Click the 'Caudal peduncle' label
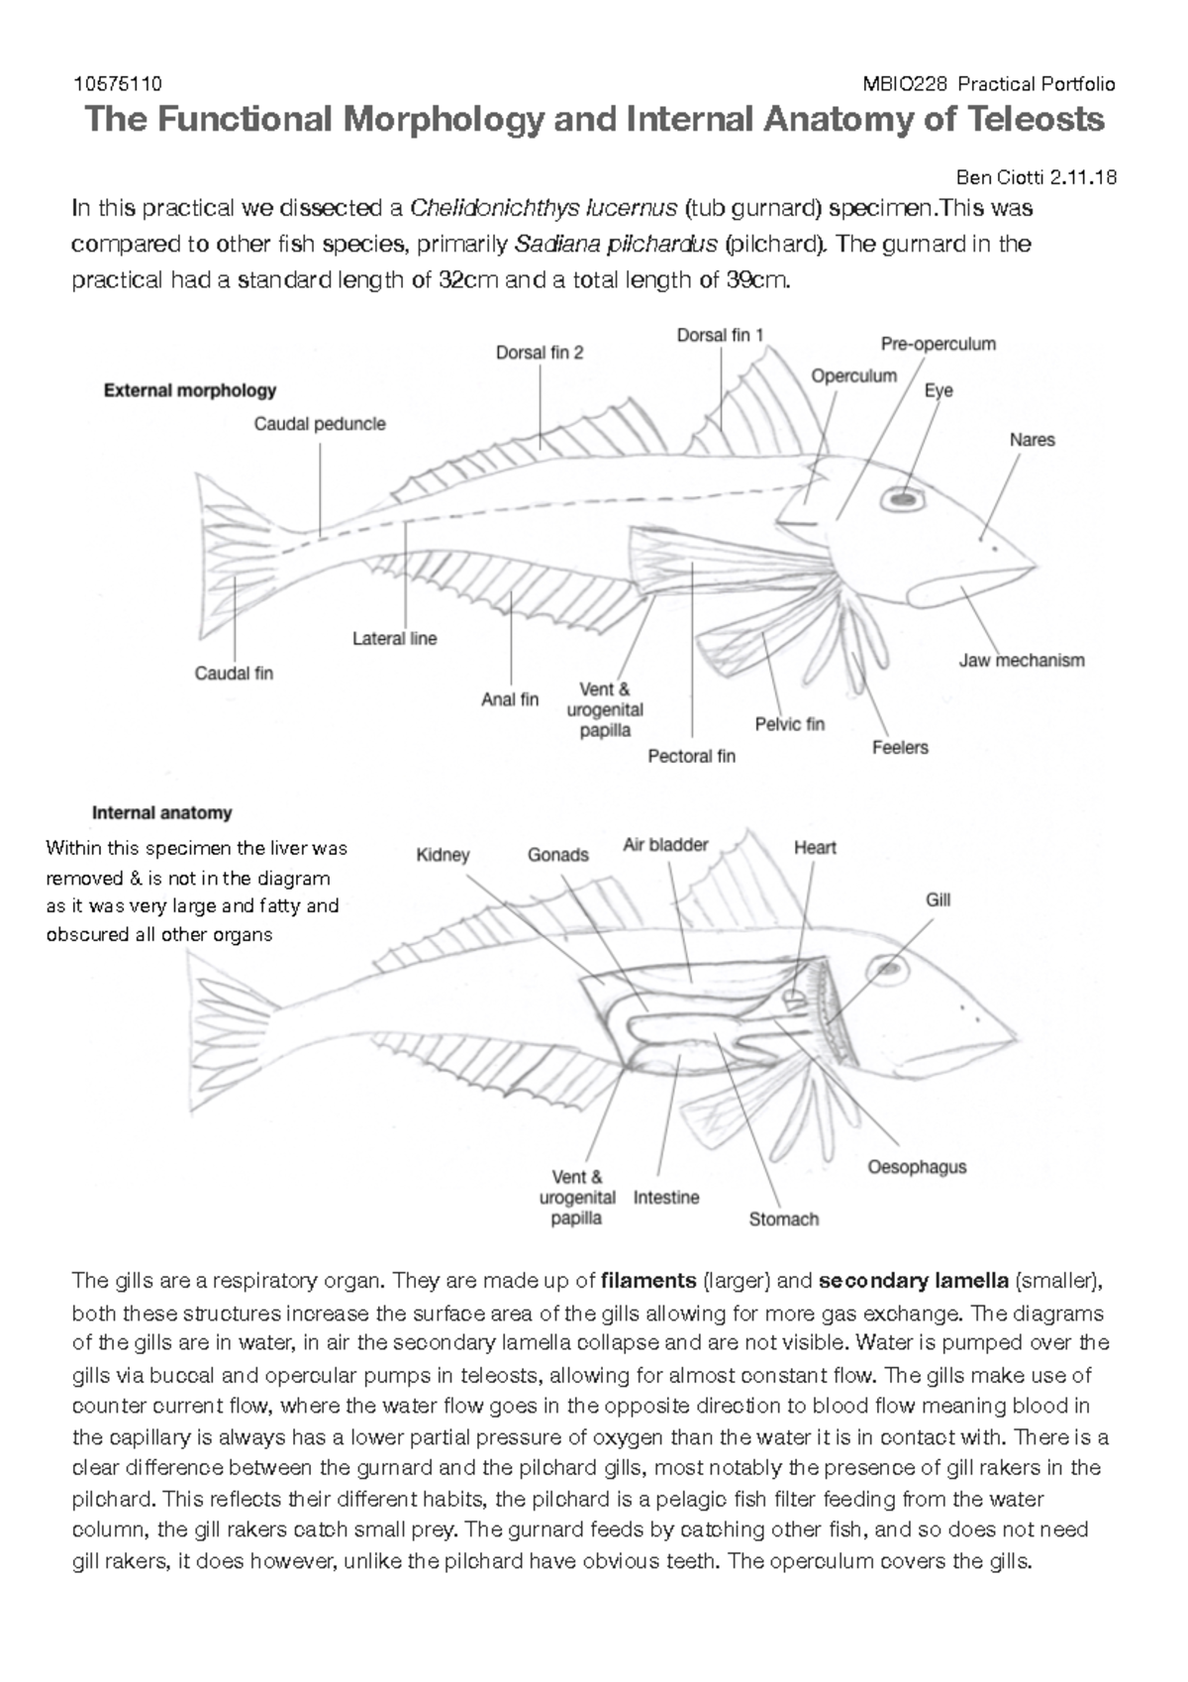coord(320,424)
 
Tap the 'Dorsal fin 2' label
coord(540,353)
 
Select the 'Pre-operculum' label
coord(938,344)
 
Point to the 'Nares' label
coord(1032,440)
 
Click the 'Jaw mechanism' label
coord(1021,660)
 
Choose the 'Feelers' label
coord(899,747)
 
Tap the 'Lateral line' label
coord(394,639)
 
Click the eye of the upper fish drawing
coord(902,501)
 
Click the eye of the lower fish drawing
coord(884,972)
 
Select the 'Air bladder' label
coord(665,845)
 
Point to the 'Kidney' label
coord(443,855)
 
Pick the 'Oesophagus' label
coord(917,1167)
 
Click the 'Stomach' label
coord(783,1219)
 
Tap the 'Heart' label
coord(815,847)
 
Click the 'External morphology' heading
coord(190,390)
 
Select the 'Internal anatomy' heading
coord(162,812)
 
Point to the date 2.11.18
coord(1084,178)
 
